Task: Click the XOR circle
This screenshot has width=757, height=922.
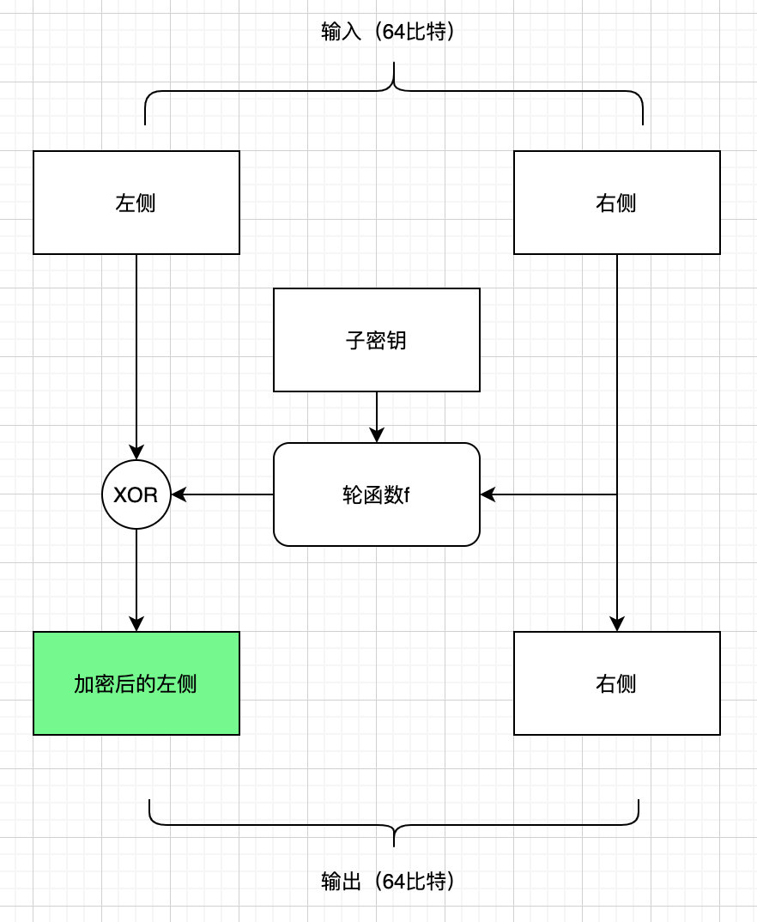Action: pyautogui.click(x=136, y=494)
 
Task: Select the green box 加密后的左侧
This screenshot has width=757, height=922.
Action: pyautogui.click(x=136, y=683)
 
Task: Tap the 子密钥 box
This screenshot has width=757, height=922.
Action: pyautogui.click(x=377, y=340)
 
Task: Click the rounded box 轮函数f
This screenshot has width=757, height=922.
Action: pyautogui.click(x=377, y=494)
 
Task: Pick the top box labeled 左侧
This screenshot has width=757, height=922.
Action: pyautogui.click(x=136, y=203)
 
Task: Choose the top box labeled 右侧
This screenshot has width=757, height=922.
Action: pyautogui.click(x=617, y=203)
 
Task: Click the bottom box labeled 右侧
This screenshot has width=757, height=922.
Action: pyautogui.click(x=617, y=683)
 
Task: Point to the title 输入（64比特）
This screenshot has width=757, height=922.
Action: pyautogui.click(x=387, y=33)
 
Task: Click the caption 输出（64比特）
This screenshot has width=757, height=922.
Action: pyautogui.click(x=387, y=882)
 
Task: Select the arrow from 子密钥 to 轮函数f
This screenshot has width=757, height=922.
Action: pyautogui.click(x=377, y=417)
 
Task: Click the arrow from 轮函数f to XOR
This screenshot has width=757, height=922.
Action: pyautogui.click(x=223, y=494)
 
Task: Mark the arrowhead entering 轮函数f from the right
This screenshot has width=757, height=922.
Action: pyautogui.click(x=488, y=494)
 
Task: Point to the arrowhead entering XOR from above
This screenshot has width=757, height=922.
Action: pyautogui.click(x=136, y=452)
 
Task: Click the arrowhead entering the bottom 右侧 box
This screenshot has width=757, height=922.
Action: pyautogui.click(x=617, y=625)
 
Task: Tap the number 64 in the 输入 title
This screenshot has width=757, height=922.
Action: pyautogui.click(x=394, y=33)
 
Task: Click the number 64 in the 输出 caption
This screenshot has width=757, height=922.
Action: pyautogui.click(x=394, y=882)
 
